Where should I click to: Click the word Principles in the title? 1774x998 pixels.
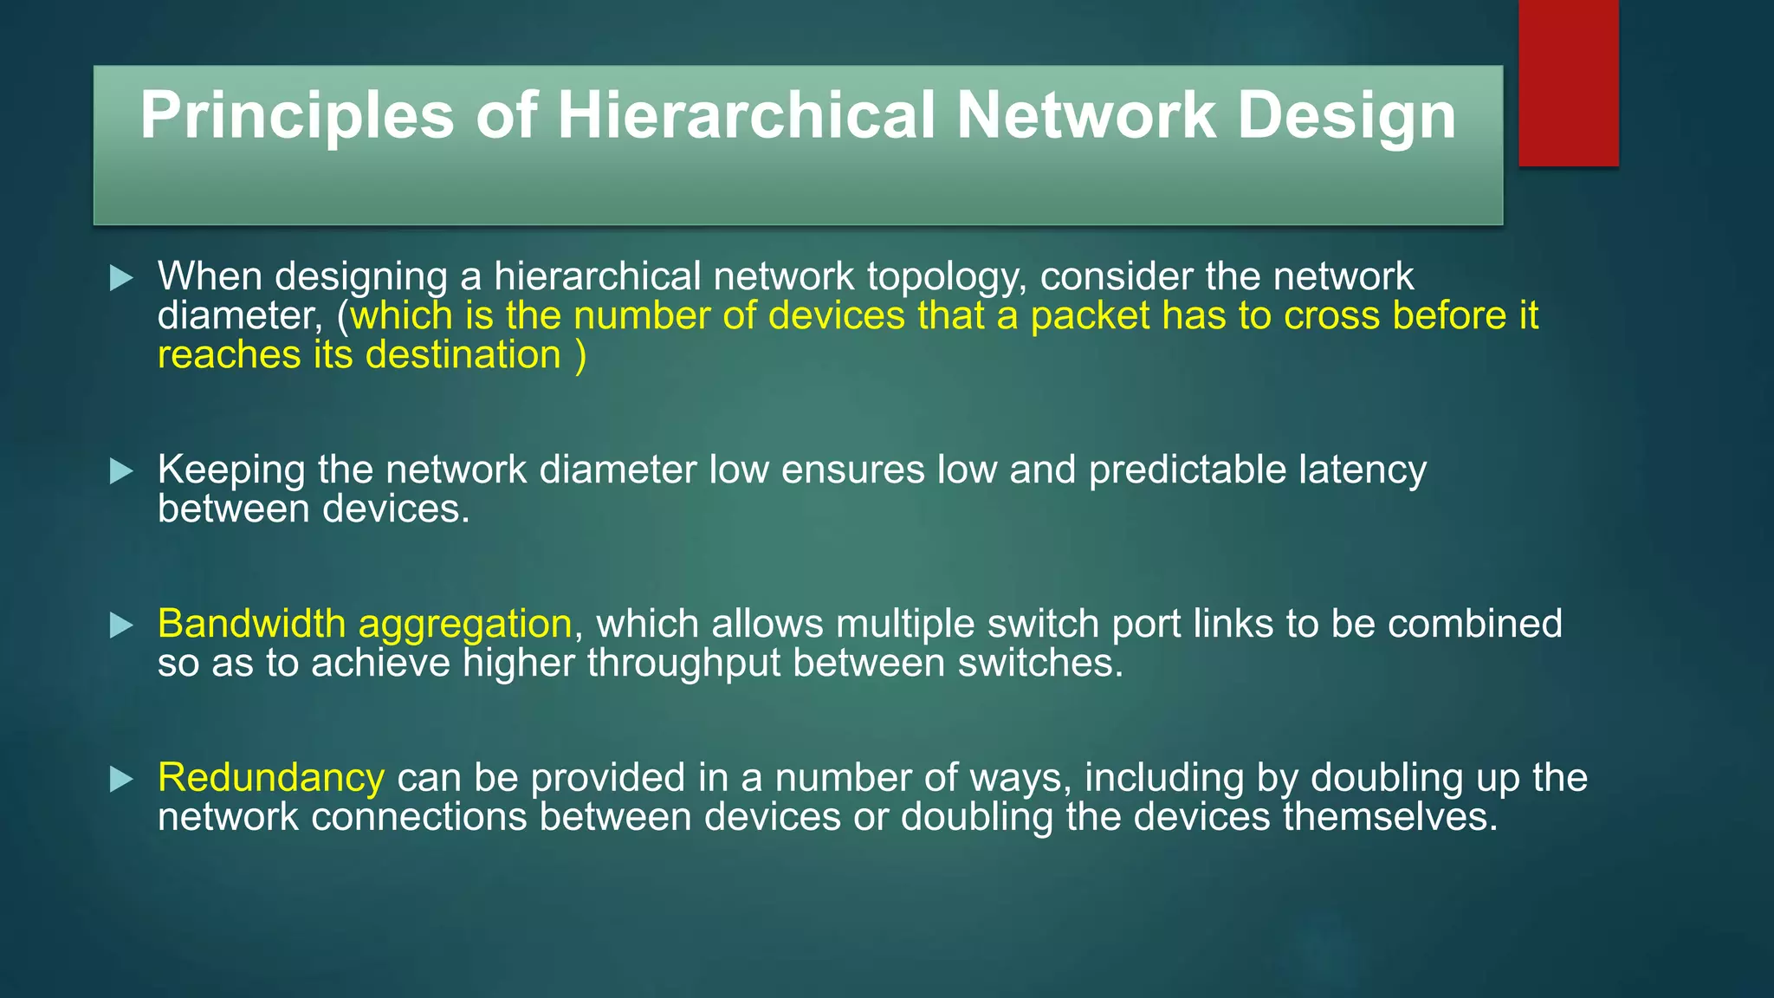click(296, 115)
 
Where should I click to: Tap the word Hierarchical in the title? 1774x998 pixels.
click(746, 115)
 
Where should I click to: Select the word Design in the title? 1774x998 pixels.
click(1346, 117)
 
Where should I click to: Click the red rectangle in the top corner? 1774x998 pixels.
click(1568, 83)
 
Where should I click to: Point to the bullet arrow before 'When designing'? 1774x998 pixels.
click(122, 278)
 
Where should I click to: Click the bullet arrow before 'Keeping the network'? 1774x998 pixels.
click(122, 471)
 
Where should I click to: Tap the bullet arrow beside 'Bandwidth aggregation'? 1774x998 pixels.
click(122, 625)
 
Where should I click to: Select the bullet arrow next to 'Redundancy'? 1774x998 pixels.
click(122, 780)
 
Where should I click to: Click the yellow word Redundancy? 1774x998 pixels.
click(270, 778)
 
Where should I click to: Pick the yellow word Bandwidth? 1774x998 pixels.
click(251, 624)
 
